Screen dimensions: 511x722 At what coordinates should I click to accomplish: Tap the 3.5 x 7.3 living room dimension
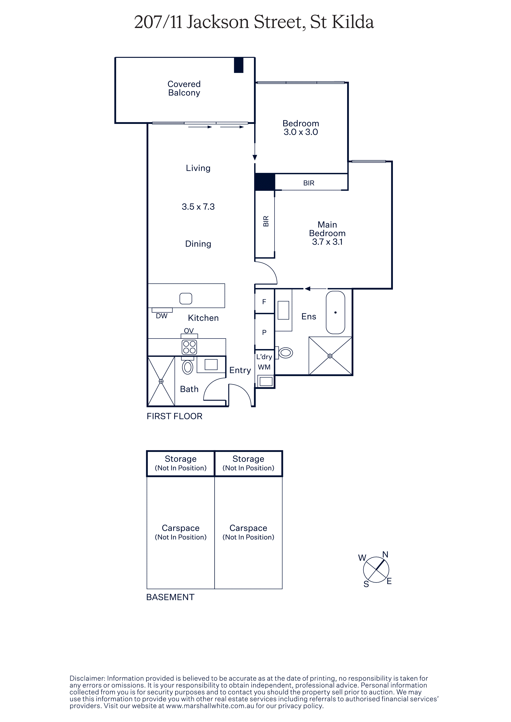coord(198,207)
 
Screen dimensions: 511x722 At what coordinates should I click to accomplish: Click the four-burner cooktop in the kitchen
coord(189,347)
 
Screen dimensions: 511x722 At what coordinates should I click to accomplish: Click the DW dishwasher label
coord(162,316)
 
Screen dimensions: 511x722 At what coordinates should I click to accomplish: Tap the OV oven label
coord(189,331)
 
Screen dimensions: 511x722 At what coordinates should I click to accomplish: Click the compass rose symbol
coord(376,569)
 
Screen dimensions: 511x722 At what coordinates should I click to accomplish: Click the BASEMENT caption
coord(170,597)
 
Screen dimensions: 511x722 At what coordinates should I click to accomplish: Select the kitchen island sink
coord(186,298)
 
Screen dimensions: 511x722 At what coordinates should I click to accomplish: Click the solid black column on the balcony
coord(239,65)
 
